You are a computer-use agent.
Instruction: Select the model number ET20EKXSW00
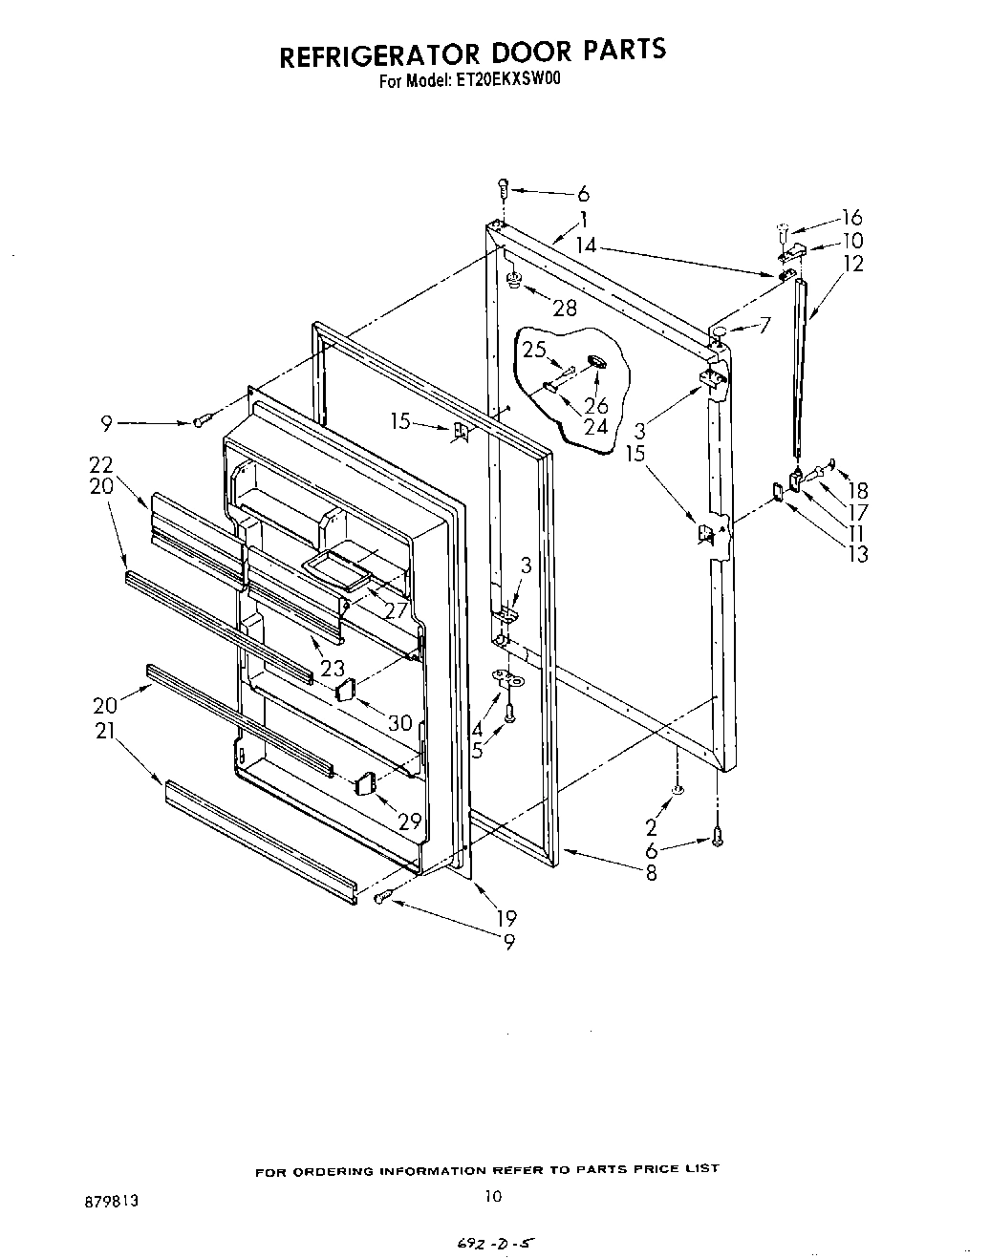[x=510, y=81]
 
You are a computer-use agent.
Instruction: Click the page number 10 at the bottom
[x=493, y=1195]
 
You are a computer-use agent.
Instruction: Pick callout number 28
[x=566, y=307]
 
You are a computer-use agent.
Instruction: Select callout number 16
[x=851, y=218]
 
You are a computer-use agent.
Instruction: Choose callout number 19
[x=506, y=918]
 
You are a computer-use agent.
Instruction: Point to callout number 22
[x=101, y=465]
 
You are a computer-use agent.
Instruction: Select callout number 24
[x=595, y=426]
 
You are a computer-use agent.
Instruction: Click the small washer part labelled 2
[x=678, y=790]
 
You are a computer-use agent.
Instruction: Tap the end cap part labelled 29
[x=362, y=785]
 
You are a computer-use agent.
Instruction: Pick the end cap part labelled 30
[x=345, y=689]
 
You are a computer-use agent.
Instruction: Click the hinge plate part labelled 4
[x=504, y=677]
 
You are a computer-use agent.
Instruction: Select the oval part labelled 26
[x=595, y=362]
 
